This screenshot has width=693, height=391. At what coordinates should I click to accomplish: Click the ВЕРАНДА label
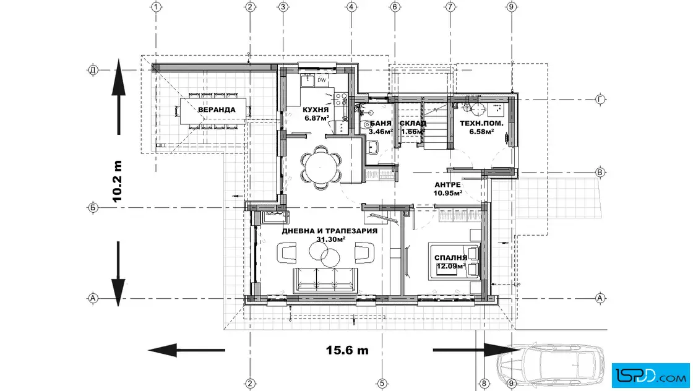pos(217,110)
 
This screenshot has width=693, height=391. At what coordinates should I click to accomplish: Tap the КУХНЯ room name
pos(316,110)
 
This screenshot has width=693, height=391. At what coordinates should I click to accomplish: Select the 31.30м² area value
pos(330,239)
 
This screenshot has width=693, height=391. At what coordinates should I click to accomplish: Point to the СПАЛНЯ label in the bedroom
pos(451,257)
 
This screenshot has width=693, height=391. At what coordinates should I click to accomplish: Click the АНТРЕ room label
pos(448,185)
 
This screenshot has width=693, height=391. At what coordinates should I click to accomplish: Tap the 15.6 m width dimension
pos(347,350)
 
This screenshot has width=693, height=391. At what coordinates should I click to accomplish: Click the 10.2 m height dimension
pos(117,181)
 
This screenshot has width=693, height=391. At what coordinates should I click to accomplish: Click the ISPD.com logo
pos(650,376)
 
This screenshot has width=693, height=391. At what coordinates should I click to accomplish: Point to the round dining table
pos(321,167)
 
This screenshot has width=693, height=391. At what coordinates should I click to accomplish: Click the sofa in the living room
pos(325,280)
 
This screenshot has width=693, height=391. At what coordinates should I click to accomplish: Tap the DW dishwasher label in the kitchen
pos(322,80)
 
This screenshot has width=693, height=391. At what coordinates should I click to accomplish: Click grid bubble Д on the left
pos(93,70)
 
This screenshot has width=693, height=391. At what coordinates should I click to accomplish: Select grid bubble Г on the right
pos(600,100)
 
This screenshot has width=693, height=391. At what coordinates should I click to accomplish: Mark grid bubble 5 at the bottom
pos(382,384)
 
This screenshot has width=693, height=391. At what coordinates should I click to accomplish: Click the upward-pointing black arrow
pos(118,97)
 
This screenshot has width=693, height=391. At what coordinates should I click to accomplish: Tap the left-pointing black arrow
pos(186,350)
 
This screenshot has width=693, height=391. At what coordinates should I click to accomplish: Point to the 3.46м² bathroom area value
pos(381,132)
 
